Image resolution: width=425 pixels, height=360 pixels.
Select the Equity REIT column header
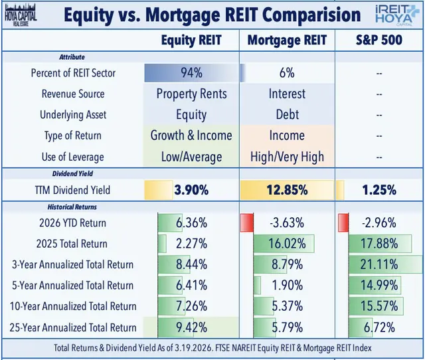(x=192, y=41)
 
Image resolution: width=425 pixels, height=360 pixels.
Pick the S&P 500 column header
(x=379, y=41)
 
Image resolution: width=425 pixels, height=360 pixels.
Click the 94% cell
(x=192, y=72)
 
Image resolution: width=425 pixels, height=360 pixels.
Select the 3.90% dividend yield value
(x=192, y=190)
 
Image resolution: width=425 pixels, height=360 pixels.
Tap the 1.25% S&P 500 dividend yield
(x=379, y=190)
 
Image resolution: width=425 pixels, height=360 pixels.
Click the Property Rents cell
(x=192, y=94)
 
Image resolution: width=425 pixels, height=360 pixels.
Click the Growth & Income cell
(x=192, y=135)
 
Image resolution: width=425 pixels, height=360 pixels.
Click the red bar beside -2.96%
(x=343, y=222)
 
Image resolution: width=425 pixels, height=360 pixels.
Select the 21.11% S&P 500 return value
(x=379, y=264)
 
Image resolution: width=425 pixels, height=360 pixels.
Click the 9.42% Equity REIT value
(x=192, y=327)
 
